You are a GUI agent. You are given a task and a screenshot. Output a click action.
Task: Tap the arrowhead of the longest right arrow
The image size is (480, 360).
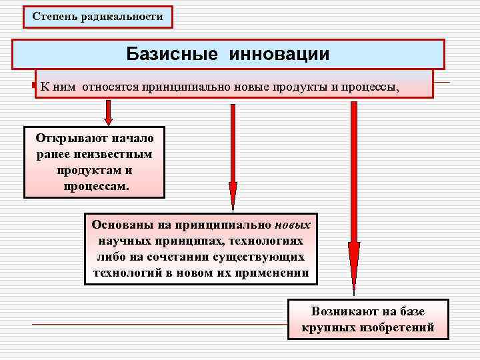click(354, 273)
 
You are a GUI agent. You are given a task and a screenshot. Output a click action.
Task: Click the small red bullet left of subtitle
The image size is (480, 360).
click(34, 86)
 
